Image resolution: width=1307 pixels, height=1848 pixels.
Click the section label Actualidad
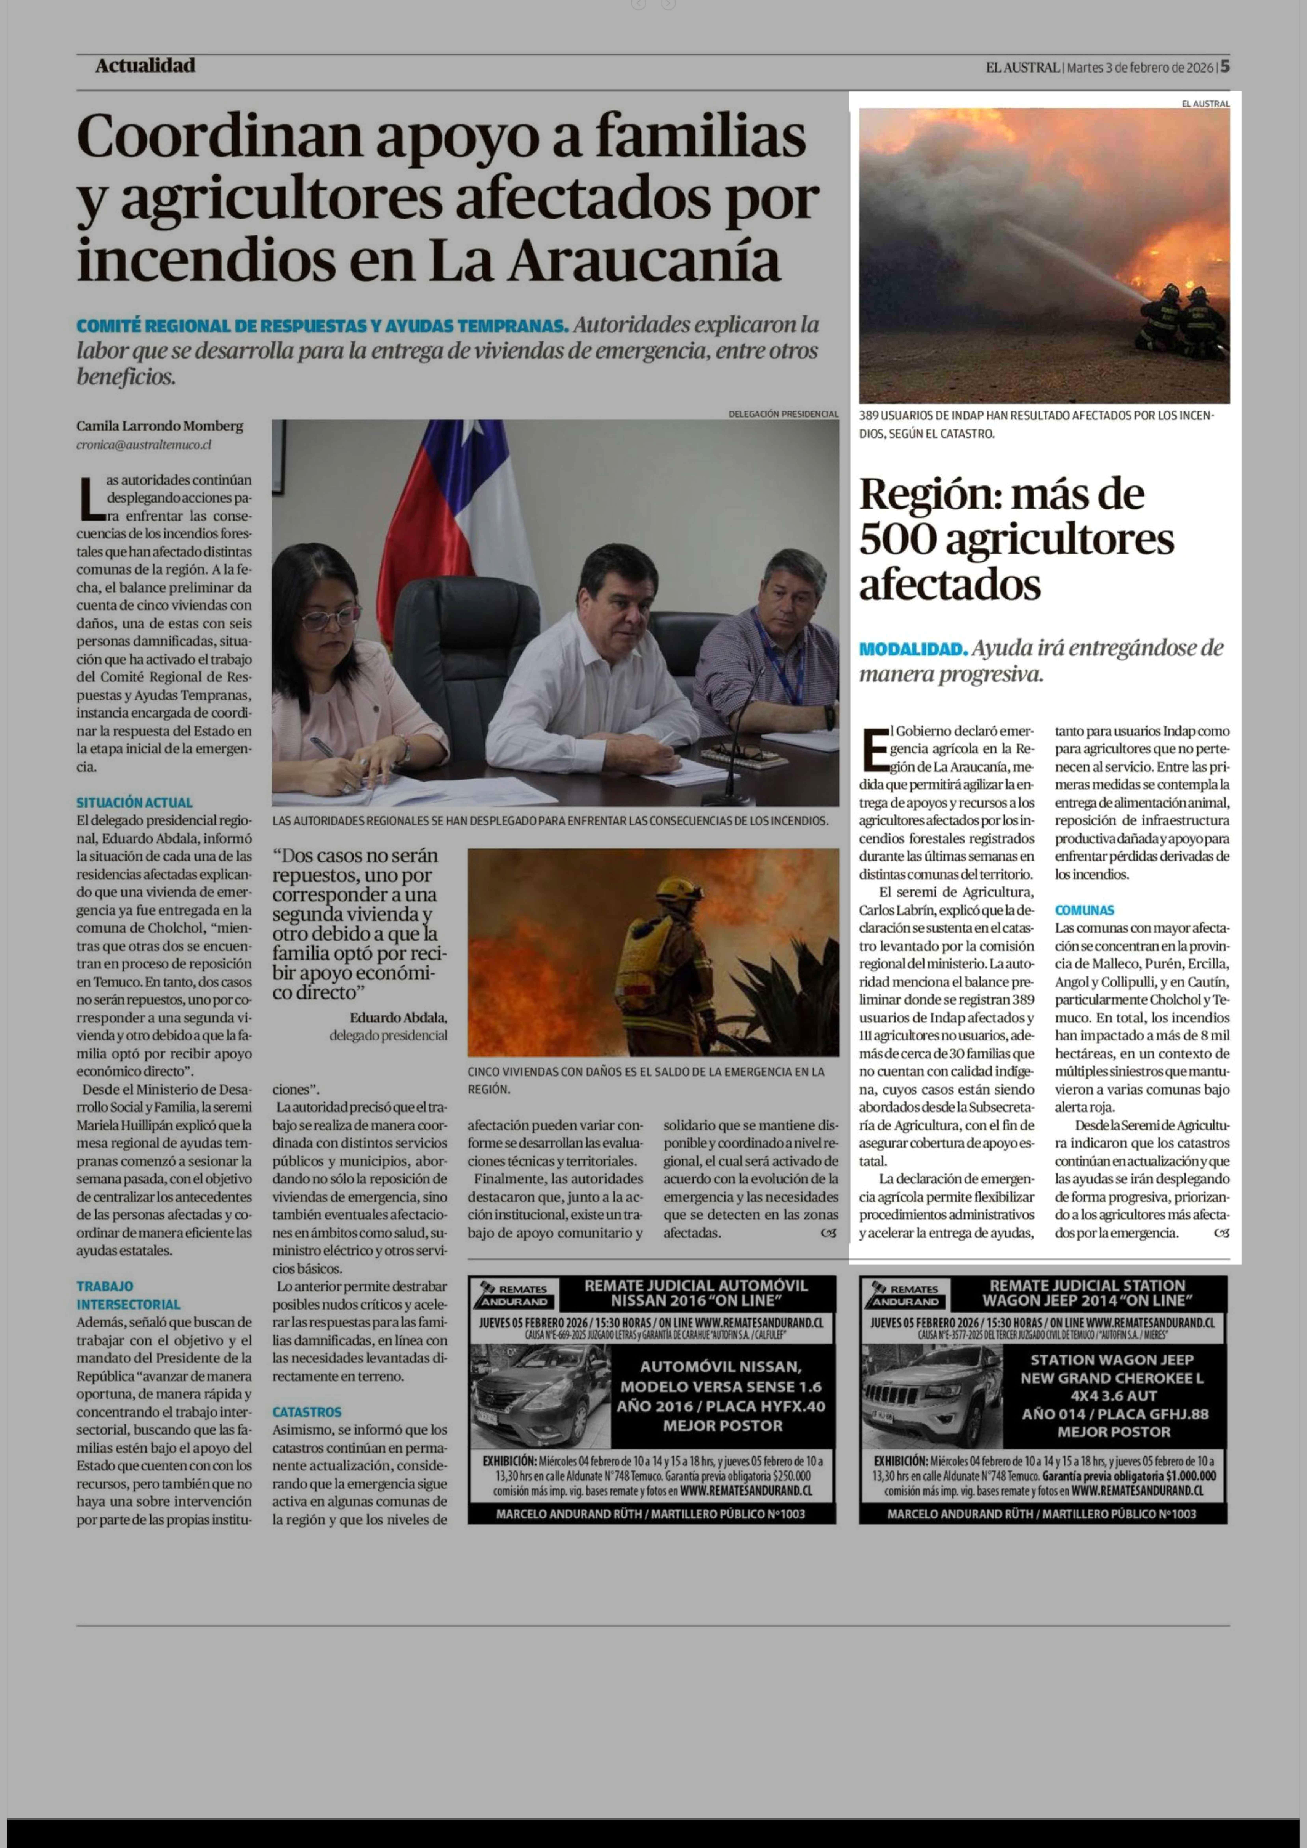pyautogui.click(x=145, y=66)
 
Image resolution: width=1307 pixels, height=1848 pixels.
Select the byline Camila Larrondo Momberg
pyautogui.click(x=159, y=426)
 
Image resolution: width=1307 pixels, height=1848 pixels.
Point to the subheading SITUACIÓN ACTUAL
pyautogui.click(x=134, y=802)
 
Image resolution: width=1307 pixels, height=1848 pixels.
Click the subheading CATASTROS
pyautogui.click(x=307, y=1412)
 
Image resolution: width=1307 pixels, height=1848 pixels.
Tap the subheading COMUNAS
pyautogui.click(x=1084, y=910)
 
